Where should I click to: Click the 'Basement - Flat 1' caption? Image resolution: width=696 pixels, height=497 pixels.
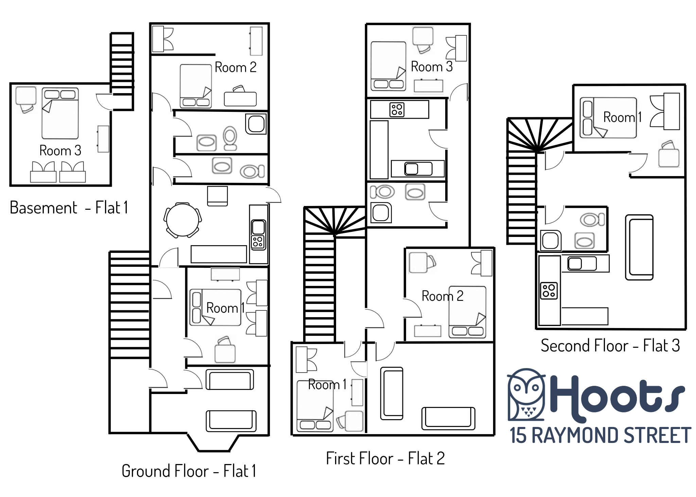click(69, 207)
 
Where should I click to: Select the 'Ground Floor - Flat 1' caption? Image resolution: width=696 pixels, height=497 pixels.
click(189, 471)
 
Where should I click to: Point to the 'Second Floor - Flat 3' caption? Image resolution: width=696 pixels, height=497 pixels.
click(610, 345)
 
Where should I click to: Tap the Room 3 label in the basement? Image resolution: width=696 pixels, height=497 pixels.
click(60, 150)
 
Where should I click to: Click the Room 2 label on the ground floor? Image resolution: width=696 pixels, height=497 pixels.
click(236, 67)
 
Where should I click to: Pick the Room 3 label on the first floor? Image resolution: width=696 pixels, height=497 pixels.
click(432, 67)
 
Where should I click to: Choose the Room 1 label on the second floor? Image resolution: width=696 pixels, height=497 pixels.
click(623, 117)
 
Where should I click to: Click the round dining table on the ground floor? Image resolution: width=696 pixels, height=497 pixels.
click(182, 220)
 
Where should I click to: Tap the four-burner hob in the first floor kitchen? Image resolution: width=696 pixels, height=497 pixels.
click(397, 110)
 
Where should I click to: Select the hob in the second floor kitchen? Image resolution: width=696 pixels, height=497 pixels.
click(549, 291)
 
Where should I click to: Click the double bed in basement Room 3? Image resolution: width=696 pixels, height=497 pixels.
click(60, 114)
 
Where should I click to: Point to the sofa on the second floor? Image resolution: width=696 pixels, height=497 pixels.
click(639, 247)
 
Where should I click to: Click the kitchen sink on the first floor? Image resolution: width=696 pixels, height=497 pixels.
click(418, 169)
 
